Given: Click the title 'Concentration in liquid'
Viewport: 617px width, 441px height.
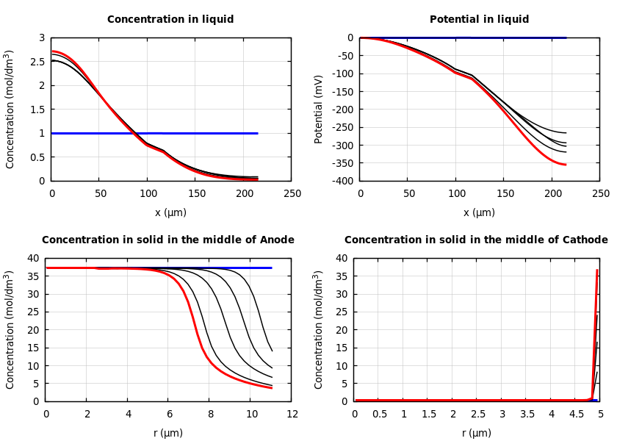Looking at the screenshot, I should coord(170,20).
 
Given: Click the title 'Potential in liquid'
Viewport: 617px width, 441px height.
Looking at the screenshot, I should coord(479,20).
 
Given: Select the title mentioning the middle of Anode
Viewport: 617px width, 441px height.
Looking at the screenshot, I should coord(167,240).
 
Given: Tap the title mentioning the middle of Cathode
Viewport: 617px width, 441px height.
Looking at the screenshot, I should coord(476,240).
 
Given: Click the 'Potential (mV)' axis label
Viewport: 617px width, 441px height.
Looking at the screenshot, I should coord(319,109).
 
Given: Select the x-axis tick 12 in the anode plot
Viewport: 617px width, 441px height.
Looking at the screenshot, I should coord(292,415).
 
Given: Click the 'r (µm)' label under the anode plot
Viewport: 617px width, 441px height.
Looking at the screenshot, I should coord(168,433).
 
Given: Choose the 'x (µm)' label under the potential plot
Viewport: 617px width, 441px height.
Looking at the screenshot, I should coord(479,212).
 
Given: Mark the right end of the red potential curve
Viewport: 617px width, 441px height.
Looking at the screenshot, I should coord(566,165).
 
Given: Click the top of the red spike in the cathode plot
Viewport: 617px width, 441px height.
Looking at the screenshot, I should coord(597,270).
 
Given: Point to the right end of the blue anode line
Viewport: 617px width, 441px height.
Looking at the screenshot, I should coord(272,268).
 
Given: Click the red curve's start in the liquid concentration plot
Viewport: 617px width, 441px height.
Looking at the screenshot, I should coord(52,51).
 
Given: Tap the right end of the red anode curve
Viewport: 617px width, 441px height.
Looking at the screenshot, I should coord(272,387).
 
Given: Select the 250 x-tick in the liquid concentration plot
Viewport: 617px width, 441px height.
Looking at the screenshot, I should coord(292,194).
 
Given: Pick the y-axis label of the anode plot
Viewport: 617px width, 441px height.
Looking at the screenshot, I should coord(10,329).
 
